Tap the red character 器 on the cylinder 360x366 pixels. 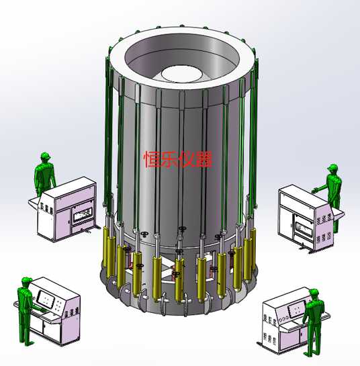pyautogui.click(x=204, y=158)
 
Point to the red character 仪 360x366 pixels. pyautogui.click(x=187, y=158)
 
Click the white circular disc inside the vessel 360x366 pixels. pyautogui.click(x=181, y=74)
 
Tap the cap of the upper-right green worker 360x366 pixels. pyautogui.click(x=333, y=167)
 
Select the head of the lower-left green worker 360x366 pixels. pyautogui.click(x=27, y=281)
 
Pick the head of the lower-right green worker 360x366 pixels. pyautogui.click(x=314, y=293)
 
